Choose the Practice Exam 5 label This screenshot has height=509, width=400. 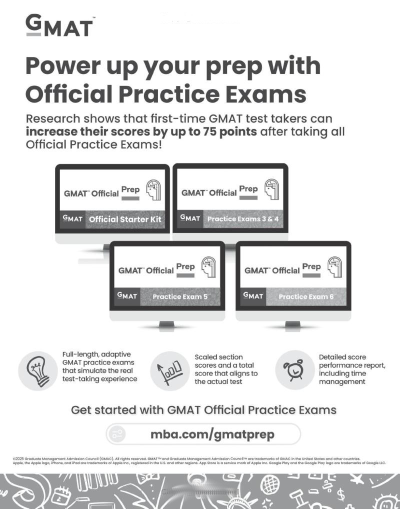(x=180, y=296)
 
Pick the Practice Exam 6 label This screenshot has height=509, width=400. (x=306, y=296)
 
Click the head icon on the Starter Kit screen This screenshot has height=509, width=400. (x=153, y=190)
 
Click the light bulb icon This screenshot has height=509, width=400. (x=37, y=370)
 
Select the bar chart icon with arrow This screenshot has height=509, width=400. (x=169, y=370)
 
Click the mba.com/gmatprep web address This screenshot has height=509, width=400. (x=212, y=434)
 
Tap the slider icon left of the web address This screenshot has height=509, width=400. (x=118, y=434)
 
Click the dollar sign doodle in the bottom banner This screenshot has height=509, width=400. (x=341, y=495)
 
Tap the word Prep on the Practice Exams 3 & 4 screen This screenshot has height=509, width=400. (x=248, y=189)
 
